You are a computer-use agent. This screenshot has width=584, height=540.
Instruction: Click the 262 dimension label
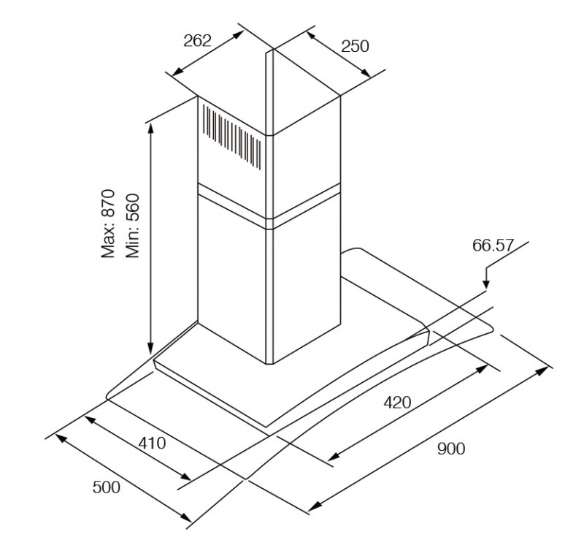point(197,41)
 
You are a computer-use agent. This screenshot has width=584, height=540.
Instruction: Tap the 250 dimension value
point(356,47)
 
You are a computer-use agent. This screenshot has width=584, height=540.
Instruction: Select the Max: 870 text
point(108,224)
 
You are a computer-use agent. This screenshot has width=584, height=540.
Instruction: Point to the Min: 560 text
point(132,226)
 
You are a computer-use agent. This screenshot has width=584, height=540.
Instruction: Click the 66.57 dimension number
point(493,246)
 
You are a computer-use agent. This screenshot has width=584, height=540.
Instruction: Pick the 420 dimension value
point(397,403)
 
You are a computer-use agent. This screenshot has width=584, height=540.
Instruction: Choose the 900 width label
point(451,449)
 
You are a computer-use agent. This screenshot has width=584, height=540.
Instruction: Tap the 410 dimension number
point(152,443)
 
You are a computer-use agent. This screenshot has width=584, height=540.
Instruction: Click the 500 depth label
point(107,487)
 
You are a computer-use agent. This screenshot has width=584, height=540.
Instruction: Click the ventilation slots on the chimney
point(231,137)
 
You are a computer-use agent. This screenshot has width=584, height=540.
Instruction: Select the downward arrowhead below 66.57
point(486,284)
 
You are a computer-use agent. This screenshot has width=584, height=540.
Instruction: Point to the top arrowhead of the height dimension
point(150,129)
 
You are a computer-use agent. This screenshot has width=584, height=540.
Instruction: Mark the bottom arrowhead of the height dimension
point(150,349)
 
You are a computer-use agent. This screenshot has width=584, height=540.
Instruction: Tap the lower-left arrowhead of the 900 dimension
point(315,506)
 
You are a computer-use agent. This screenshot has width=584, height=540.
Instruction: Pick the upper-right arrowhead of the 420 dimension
point(482,369)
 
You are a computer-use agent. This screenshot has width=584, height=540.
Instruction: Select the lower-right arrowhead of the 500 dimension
point(186,517)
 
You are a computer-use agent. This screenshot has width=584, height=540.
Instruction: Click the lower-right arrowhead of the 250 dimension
point(366,73)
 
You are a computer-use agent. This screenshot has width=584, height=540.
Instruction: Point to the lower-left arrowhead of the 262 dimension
point(177,70)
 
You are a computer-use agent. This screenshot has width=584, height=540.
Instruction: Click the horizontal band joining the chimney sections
point(269,205)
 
